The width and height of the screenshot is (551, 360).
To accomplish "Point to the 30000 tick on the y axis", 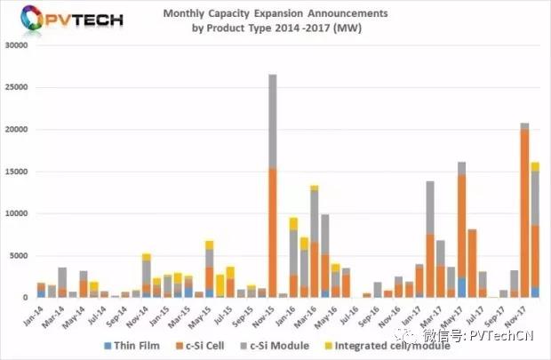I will (x=20, y=45).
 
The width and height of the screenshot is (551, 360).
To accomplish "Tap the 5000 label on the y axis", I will (x=23, y=256).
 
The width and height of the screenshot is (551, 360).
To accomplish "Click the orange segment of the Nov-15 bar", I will (x=272, y=231).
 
